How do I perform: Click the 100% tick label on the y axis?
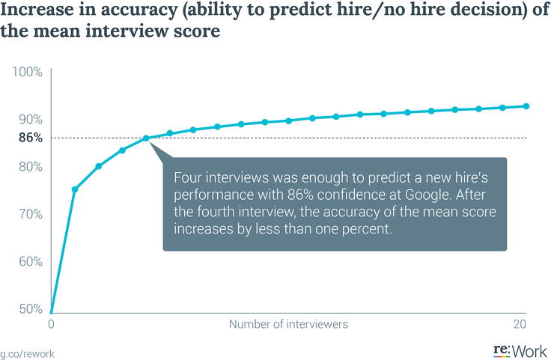click(x=28, y=72)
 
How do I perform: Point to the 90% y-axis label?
click(x=30, y=120)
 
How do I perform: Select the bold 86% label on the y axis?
click(x=30, y=138)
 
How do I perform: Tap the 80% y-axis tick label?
click(x=30, y=167)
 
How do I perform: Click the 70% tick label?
click(x=30, y=214)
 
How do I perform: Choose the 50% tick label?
click(x=30, y=308)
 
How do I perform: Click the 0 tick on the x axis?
click(x=51, y=325)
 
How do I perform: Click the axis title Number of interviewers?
click(x=288, y=325)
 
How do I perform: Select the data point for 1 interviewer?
click(x=75, y=189)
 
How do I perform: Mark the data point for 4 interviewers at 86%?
click(x=146, y=138)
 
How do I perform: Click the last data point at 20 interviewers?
click(x=526, y=106)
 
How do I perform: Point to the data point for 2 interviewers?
click(x=99, y=166)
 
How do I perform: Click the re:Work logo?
click(x=520, y=350)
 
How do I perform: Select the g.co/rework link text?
click(x=27, y=352)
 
